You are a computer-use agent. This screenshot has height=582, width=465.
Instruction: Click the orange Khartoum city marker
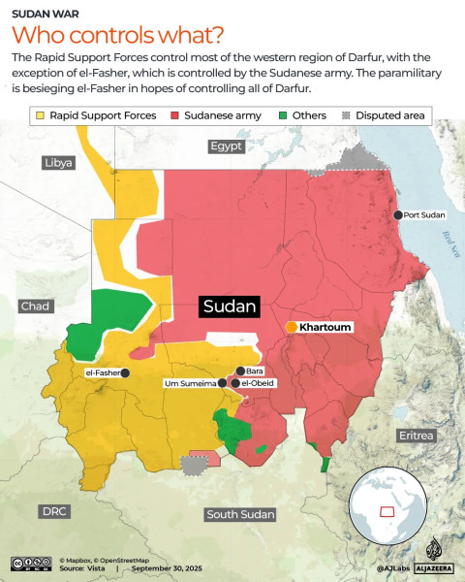pos(291,328)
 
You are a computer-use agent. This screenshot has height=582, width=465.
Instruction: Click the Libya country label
pos(58,162)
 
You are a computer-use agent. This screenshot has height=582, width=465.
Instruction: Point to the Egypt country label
pos(227,146)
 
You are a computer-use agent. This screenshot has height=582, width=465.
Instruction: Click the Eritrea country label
pos(416,436)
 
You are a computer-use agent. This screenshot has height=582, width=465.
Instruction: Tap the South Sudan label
pos(241,514)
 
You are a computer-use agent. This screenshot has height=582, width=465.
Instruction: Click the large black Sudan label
pos(231,307)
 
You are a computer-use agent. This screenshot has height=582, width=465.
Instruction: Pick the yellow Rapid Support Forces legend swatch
pos(40,115)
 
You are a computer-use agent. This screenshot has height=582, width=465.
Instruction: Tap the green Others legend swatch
pos(283,115)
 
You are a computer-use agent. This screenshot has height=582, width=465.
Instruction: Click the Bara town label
pos(255,371)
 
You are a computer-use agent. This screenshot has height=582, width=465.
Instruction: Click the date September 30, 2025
pos(166,567)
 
